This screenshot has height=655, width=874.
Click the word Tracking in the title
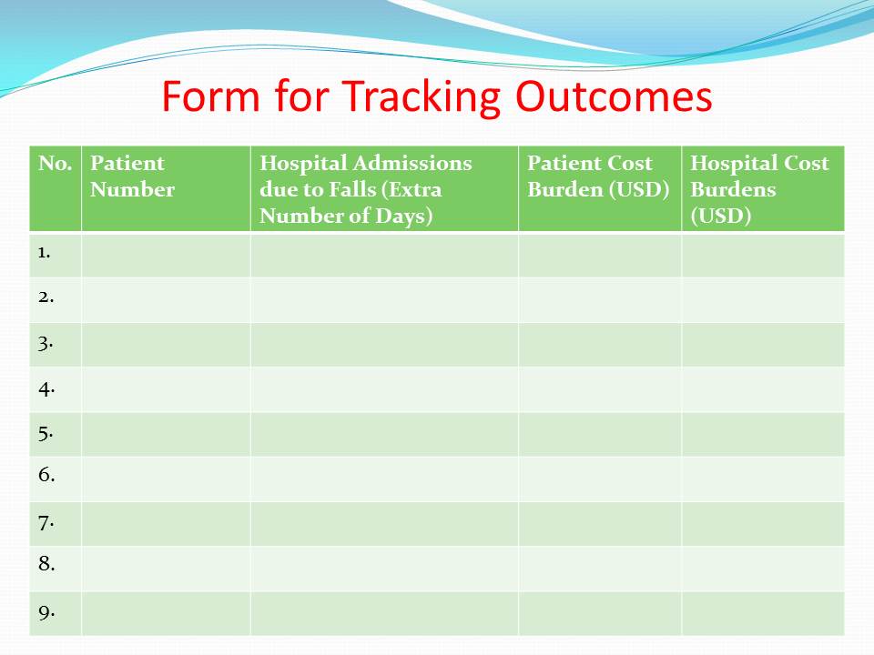pos(421,98)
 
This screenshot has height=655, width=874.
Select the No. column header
pos(56,163)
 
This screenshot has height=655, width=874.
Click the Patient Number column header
pos(133,176)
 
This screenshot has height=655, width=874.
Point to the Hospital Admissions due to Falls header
pos(366,189)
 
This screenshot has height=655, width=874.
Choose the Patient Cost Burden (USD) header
pos(598,176)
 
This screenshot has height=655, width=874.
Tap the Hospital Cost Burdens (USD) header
pos(759,189)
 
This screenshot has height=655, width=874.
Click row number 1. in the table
pos(44,253)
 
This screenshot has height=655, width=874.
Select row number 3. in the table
pos(46,343)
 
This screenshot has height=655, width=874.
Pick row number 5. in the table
pos(46,433)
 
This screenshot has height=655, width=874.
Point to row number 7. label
pos(46,523)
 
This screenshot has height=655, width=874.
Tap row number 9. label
pos(46,612)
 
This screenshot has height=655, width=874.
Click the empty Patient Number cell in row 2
pos(166,300)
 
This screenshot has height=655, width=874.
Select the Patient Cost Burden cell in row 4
pos(600,390)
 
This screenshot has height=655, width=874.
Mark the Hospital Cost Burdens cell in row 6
pos(763,479)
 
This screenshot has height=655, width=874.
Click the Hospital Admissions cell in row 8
pos(384,569)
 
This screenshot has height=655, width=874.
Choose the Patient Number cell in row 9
pos(166,614)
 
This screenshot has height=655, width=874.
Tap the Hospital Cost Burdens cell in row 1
pos(763,256)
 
